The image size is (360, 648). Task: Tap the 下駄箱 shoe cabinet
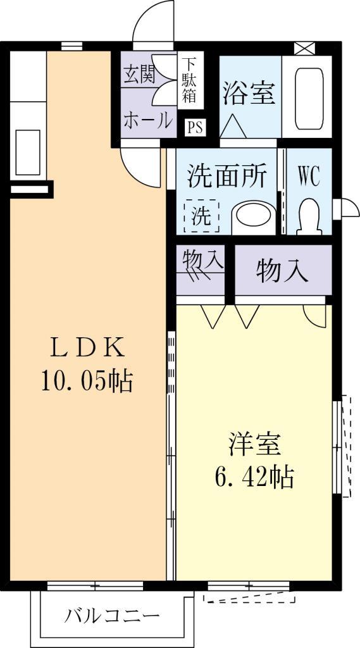click(x=190, y=80)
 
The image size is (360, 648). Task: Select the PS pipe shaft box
click(x=194, y=127)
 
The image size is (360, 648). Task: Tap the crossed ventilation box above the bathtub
click(x=304, y=48)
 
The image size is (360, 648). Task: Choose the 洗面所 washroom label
click(x=226, y=176)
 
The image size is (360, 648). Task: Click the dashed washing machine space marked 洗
click(x=202, y=216)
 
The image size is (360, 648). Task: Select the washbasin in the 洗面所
click(x=254, y=218)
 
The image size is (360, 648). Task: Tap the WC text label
click(x=308, y=177)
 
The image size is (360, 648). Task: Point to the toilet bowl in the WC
click(x=309, y=216)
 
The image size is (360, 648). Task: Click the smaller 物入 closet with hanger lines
click(x=201, y=270)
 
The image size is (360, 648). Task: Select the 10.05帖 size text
click(x=87, y=380)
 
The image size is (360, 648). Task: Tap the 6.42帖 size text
click(x=254, y=477)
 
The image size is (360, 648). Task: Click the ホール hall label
click(x=147, y=120)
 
